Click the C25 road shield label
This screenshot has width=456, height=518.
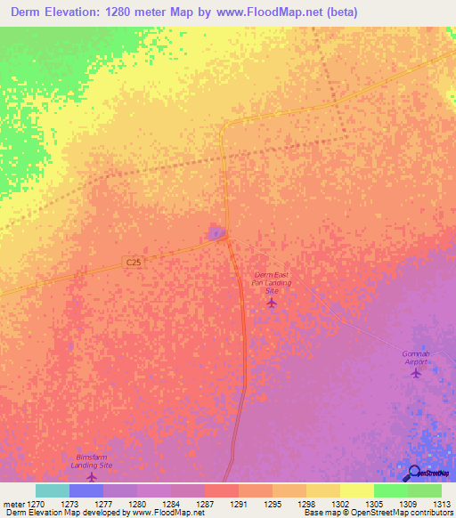tap(133, 262)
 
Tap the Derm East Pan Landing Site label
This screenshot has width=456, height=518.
tap(273, 283)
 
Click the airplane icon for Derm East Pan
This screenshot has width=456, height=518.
tap(272, 303)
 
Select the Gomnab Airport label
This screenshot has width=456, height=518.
tap(415, 358)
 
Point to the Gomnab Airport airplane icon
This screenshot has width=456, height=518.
tap(416, 373)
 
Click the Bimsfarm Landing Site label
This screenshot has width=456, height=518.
tap(92, 460)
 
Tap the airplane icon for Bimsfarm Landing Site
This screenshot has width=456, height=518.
tap(91, 477)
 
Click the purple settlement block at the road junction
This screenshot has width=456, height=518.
tap(216, 232)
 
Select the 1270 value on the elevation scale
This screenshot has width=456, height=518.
tap(36, 505)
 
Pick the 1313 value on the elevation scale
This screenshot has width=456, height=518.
tap(441, 505)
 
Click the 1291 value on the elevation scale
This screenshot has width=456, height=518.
tap(239, 505)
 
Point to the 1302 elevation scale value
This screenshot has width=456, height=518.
tap(339, 505)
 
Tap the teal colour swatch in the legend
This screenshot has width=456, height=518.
tap(53, 490)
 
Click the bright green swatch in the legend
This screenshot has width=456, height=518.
tap(390, 490)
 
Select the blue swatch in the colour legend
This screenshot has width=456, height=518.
tap(86, 490)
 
